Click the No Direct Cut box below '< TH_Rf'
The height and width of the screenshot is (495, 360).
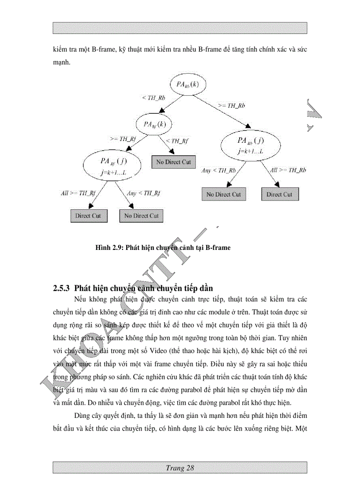click(x=173, y=162)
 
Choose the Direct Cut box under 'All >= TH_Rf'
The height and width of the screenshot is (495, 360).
click(x=88, y=216)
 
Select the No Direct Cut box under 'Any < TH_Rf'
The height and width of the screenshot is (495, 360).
click(x=141, y=216)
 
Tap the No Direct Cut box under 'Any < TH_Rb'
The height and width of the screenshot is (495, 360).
click(x=224, y=194)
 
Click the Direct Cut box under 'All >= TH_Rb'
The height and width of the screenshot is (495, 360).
click(x=279, y=194)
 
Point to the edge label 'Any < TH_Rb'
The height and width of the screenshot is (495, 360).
click(x=218, y=170)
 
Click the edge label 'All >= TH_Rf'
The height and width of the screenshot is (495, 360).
click(x=78, y=193)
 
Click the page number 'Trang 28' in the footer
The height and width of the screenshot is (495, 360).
click(x=180, y=468)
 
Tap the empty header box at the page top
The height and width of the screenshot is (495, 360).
click(x=180, y=28)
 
